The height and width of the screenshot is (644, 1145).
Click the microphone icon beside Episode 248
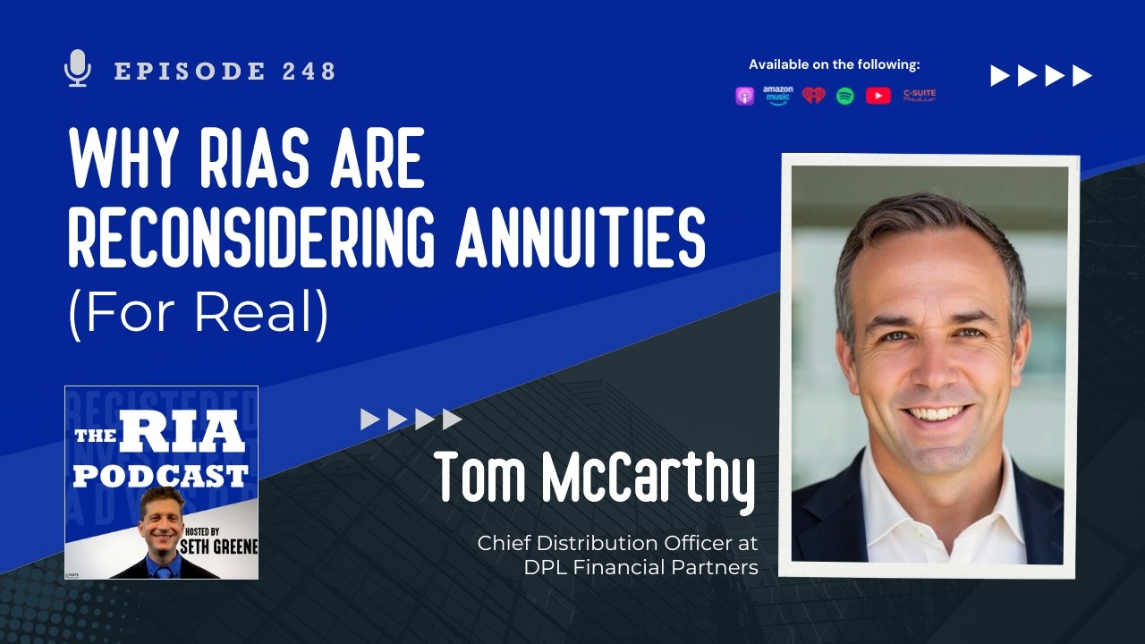pyautogui.click(x=79, y=69)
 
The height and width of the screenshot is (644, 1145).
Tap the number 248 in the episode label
pyautogui.click(x=309, y=72)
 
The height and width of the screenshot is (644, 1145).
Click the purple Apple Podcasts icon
pyautogui.click(x=744, y=96)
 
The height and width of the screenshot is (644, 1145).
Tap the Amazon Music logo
pyautogui.click(x=777, y=96)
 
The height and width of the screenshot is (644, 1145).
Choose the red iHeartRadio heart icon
pyautogui.click(x=813, y=96)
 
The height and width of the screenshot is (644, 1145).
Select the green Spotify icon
pyautogui.click(x=845, y=96)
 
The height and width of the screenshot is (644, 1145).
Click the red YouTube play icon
pyautogui.click(x=878, y=96)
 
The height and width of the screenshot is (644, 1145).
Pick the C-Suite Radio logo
pyautogui.click(x=919, y=96)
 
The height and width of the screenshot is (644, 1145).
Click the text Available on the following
pyautogui.click(x=834, y=64)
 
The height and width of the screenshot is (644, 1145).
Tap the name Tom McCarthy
pyautogui.click(x=595, y=479)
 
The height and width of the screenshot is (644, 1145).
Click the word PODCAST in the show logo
pyautogui.click(x=161, y=474)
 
